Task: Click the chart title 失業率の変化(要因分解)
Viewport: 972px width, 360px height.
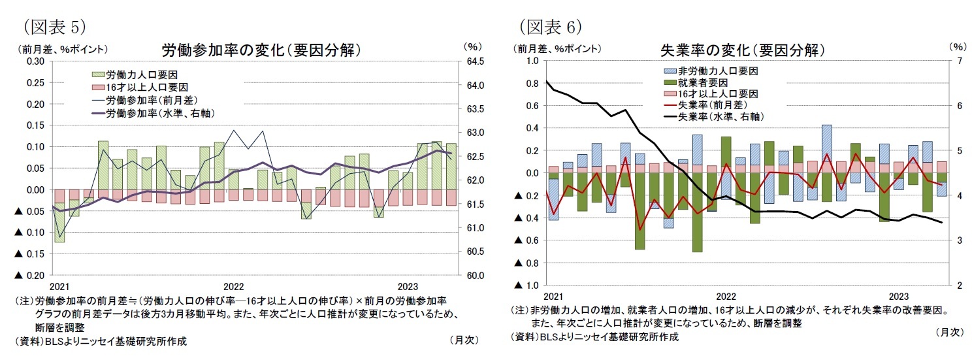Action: point(742,51)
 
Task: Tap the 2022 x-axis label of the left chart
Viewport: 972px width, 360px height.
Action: point(233,287)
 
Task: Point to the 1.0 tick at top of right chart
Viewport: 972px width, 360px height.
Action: point(532,61)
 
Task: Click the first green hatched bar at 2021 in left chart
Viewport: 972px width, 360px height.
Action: point(59,222)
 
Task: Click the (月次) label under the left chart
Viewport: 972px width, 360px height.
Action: point(463,340)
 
